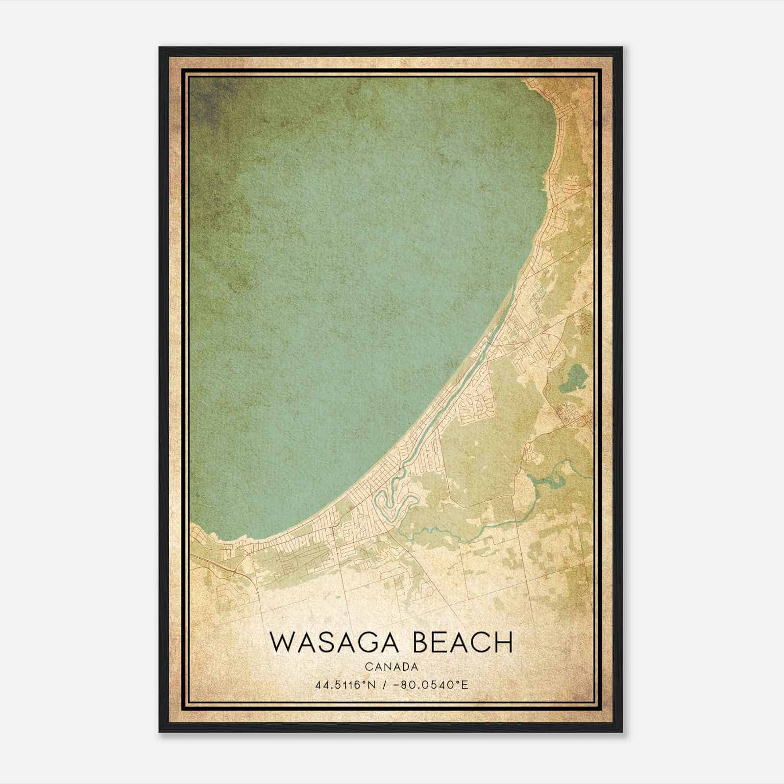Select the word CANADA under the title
391,667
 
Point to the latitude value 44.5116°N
345,685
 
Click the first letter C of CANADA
367,667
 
